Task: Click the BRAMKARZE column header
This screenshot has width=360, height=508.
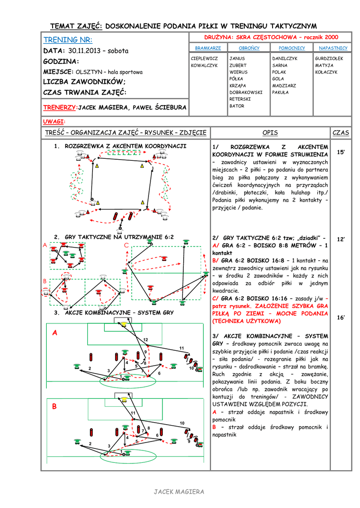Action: click(x=208, y=48)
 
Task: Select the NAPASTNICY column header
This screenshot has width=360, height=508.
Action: click(x=333, y=48)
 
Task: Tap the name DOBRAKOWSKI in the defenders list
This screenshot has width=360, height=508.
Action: click(x=246, y=92)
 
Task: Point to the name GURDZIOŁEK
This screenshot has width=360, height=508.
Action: click(x=329, y=59)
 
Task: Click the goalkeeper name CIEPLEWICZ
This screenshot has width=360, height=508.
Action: click(x=205, y=59)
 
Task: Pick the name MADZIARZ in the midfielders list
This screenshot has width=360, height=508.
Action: click(x=284, y=85)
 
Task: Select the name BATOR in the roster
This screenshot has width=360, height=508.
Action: click(x=237, y=106)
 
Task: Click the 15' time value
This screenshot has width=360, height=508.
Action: click(x=341, y=152)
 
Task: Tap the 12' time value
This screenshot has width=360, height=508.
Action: click(x=341, y=239)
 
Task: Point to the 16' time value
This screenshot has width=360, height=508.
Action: click(x=341, y=317)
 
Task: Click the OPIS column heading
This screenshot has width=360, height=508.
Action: click(x=270, y=133)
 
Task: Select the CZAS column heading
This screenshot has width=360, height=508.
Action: click(x=341, y=133)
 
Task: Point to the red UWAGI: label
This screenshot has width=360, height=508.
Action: click(x=54, y=121)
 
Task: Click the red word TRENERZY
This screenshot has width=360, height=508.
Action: click(x=61, y=107)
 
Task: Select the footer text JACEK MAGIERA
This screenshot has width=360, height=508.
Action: click(x=179, y=492)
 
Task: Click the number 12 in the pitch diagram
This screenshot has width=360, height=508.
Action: click(x=145, y=339)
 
